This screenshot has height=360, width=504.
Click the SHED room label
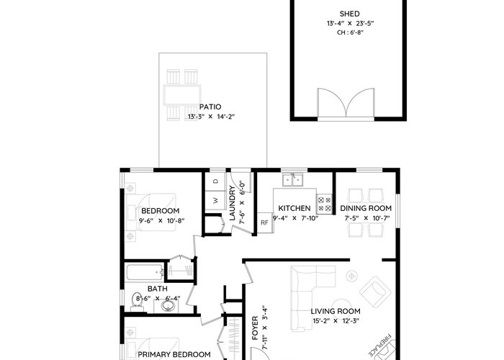(x=349, y=14)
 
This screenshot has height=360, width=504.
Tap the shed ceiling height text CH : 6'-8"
(x=350, y=32)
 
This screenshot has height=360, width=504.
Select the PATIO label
(x=210, y=107)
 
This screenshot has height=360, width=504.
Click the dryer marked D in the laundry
(x=216, y=181)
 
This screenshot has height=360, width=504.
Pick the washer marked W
(x=216, y=200)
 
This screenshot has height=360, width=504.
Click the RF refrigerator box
(x=264, y=222)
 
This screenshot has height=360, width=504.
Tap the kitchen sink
(x=292, y=180)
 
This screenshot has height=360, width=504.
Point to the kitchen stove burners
(x=324, y=204)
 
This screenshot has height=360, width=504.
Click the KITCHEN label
(x=294, y=208)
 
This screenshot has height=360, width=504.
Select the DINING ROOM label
(x=366, y=208)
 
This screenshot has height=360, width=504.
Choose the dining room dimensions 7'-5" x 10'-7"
(x=367, y=218)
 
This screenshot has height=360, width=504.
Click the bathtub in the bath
(x=145, y=272)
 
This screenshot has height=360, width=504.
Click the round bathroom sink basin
(x=168, y=305)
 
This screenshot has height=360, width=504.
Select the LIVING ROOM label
(x=336, y=311)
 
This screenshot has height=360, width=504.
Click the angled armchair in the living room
(x=375, y=292)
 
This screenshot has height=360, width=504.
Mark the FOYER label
(x=255, y=328)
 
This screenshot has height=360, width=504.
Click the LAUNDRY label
(x=233, y=204)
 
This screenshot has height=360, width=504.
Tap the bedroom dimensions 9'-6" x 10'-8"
(x=161, y=221)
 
